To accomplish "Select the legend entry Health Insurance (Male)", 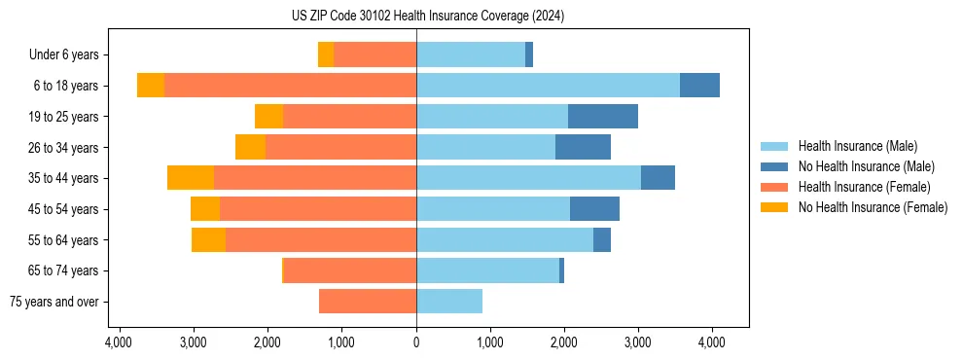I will click(857, 146).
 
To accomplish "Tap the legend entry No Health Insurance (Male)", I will click(866, 166).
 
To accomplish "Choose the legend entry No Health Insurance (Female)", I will click(873, 207).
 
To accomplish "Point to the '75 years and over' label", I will click(53, 302).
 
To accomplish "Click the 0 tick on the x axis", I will click(416, 342).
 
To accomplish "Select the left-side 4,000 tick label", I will click(118, 342).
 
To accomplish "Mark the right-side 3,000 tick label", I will click(638, 342).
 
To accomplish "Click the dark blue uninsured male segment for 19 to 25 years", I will click(603, 117).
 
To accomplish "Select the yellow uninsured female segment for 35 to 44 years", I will click(191, 178).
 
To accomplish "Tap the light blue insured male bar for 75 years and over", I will click(449, 302).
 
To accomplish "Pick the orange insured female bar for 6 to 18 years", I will click(290, 86).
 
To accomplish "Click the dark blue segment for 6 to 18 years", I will click(699, 86).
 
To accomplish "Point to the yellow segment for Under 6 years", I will click(326, 55).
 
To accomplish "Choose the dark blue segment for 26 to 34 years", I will click(583, 147).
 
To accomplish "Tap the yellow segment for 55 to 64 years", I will click(208, 239).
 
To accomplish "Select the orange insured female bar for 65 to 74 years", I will click(350, 270).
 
